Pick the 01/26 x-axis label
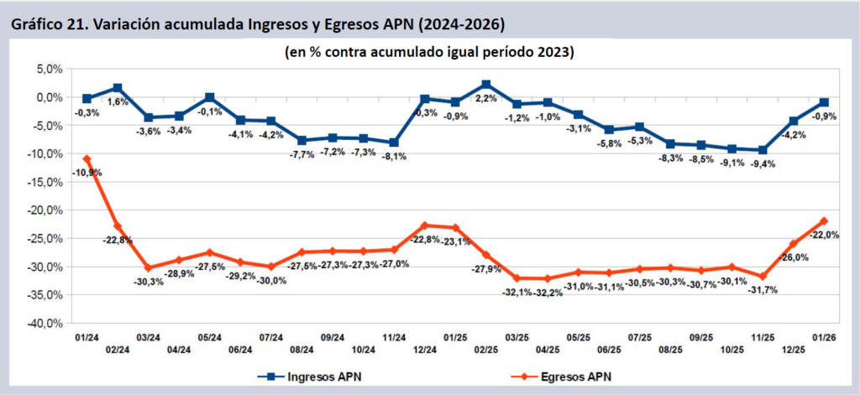[x=825, y=338]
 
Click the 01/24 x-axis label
[x=87, y=338]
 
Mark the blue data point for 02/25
[x=486, y=85]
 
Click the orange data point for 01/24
[x=87, y=159]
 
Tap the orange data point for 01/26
[x=825, y=221]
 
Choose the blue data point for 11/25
[x=763, y=150]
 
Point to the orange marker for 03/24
[x=149, y=268]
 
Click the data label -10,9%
[x=88, y=172]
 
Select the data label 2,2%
[x=486, y=99]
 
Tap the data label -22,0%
[x=825, y=235]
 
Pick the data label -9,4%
[x=764, y=164]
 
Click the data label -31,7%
[x=764, y=290]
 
